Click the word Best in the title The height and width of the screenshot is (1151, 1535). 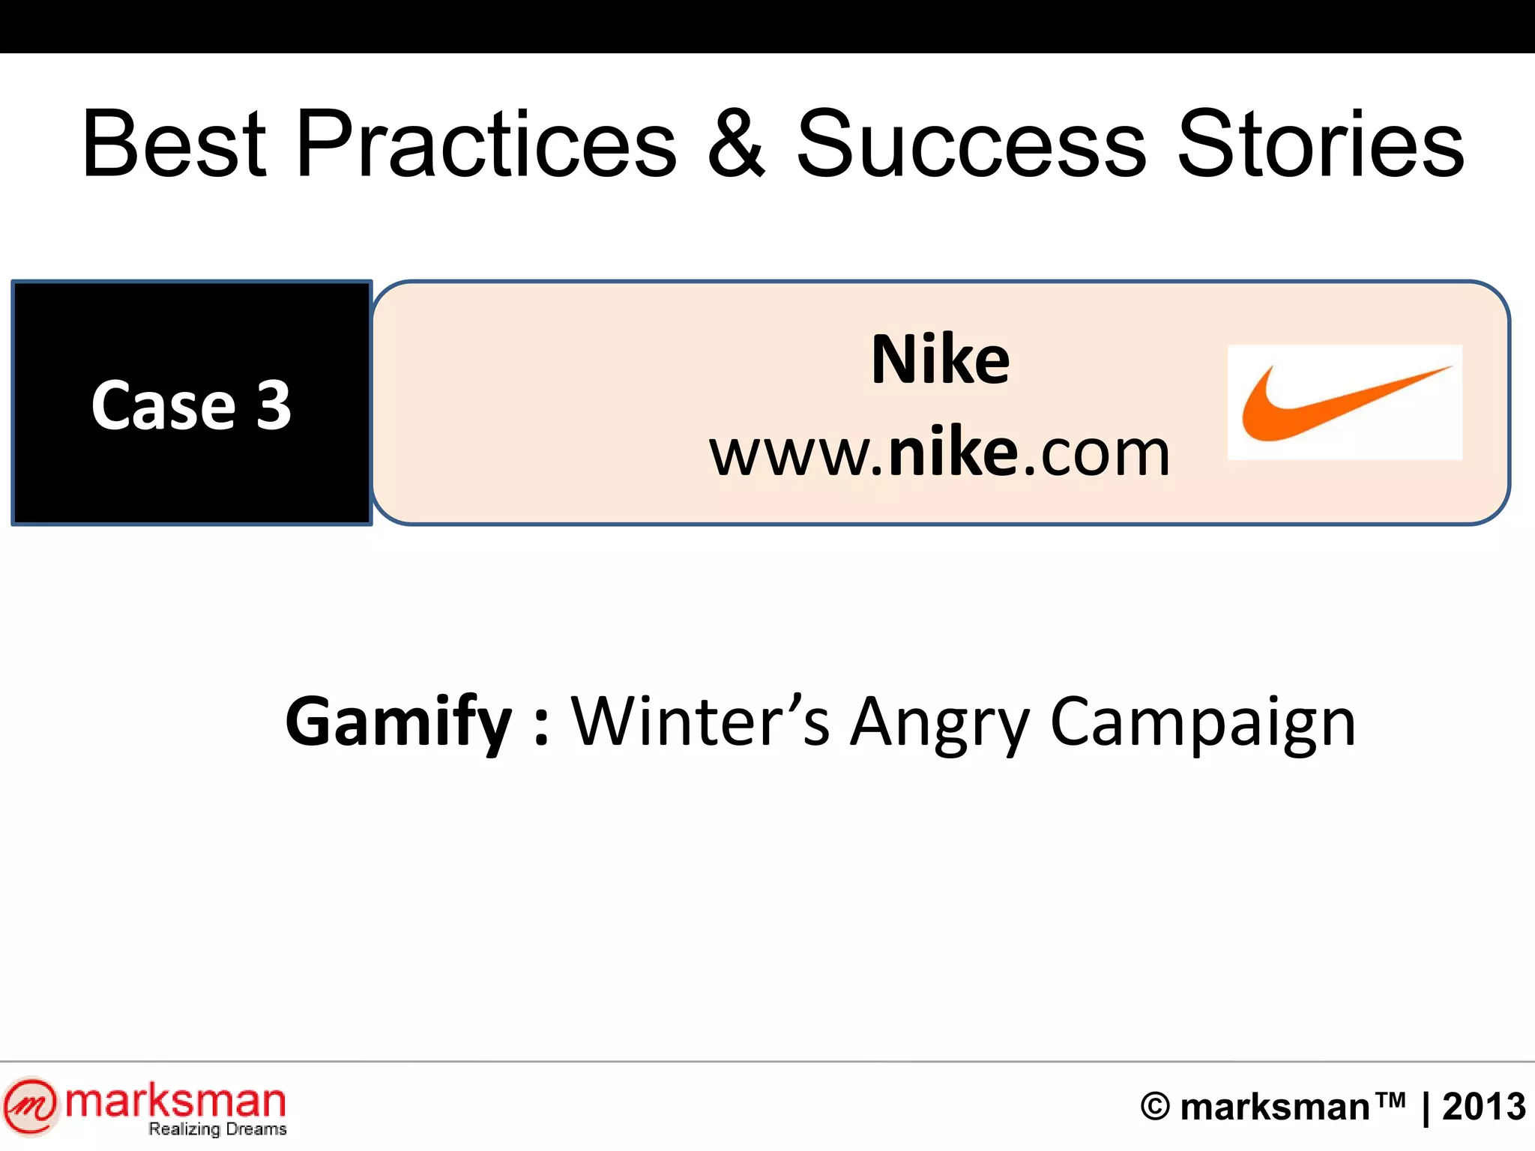tap(174, 144)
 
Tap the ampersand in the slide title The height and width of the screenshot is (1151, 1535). tap(737, 144)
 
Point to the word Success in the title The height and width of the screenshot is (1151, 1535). tap(971, 144)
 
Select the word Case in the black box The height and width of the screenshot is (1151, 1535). tap(163, 405)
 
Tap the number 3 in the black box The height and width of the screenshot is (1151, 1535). tap(274, 405)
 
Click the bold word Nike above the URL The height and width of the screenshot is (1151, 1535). tap(941, 360)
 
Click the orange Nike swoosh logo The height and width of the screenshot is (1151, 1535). tap(1345, 403)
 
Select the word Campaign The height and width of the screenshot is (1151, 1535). tap(1203, 723)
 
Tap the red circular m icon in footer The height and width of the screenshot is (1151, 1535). tap(30, 1105)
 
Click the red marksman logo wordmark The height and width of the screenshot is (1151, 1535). tap(176, 1101)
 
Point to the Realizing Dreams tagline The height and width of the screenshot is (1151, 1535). tap(217, 1129)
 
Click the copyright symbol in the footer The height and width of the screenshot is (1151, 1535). tap(1155, 1107)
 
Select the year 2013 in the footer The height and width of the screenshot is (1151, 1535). tap(1484, 1107)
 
